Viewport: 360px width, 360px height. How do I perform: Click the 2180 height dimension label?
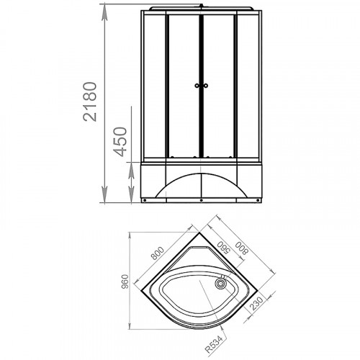point(90,102)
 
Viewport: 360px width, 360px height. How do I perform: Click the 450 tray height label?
point(120,142)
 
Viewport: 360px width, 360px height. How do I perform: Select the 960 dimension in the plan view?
point(125,282)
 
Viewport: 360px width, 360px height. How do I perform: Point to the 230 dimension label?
point(256,303)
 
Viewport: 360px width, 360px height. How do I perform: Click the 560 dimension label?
point(224,246)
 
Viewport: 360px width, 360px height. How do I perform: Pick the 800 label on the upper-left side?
point(158,253)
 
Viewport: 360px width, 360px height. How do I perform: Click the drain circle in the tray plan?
point(220,284)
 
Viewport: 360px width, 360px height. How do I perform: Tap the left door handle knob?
point(197,86)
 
